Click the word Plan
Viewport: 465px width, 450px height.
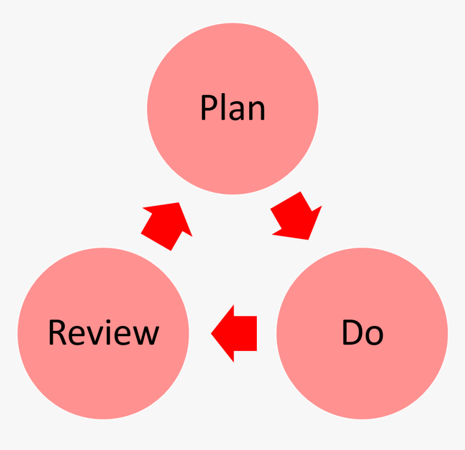click(x=232, y=108)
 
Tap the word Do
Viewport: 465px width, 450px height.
click(x=362, y=332)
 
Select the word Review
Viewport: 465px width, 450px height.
click(x=103, y=332)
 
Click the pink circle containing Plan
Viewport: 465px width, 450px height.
click(x=232, y=146)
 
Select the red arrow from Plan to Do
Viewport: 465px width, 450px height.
click(x=297, y=217)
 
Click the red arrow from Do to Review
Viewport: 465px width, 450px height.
click(x=235, y=333)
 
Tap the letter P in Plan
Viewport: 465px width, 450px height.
click(x=209, y=108)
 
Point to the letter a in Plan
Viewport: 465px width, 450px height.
click(x=237, y=112)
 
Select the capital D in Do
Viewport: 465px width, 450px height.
click(x=351, y=332)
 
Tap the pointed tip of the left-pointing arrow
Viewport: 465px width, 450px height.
click(x=212, y=333)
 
